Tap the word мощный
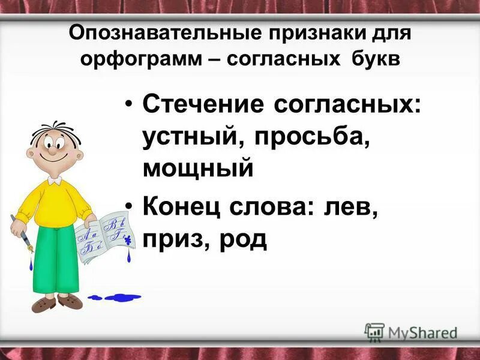pos(198,169)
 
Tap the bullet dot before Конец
pos(130,207)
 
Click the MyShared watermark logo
pos(411,332)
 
